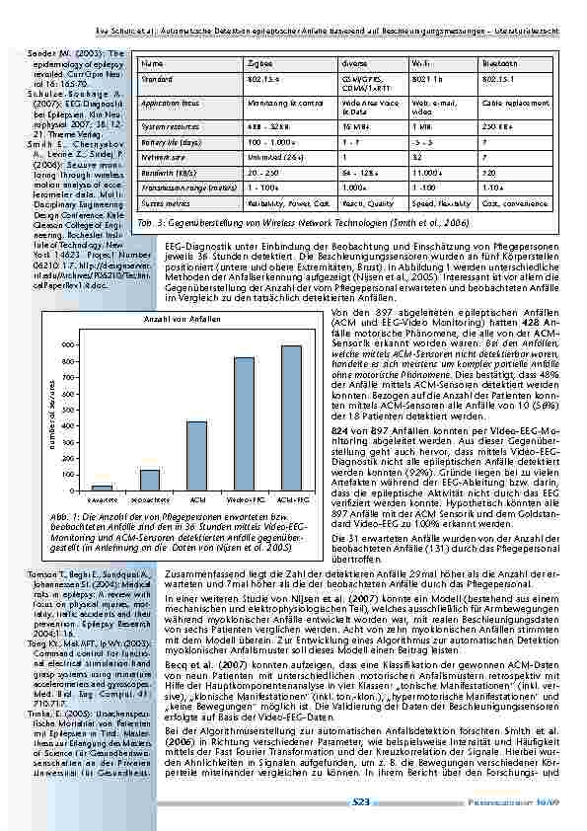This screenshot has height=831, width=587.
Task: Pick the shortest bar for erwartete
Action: click(x=103, y=488)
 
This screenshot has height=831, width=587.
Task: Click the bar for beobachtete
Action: click(x=150, y=480)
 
